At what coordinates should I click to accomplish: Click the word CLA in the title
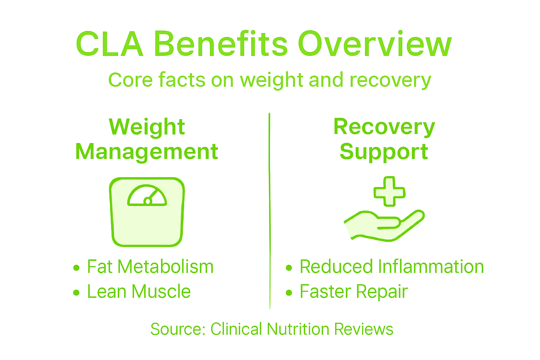[x=110, y=45]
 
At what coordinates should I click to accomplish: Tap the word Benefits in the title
[x=221, y=45]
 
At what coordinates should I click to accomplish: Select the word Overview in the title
[x=375, y=45]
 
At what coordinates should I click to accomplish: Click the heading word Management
[x=147, y=152]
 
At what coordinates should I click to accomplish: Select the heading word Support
[x=384, y=152]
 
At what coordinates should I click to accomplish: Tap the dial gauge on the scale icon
[x=147, y=195]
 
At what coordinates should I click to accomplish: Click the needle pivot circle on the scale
[x=148, y=201]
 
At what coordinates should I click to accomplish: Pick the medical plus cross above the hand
[x=389, y=191]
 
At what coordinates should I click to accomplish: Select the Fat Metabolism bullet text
[x=150, y=267]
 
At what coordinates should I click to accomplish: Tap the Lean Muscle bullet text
[x=139, y=292]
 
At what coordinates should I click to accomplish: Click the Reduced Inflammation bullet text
[x=392, y=267]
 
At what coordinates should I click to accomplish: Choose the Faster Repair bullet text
[x=354, y=292]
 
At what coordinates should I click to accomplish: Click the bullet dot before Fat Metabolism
[x=76, y=268]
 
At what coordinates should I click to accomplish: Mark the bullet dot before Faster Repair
[x=289, y=292]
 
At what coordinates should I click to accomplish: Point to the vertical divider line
[x=270, y=211]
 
